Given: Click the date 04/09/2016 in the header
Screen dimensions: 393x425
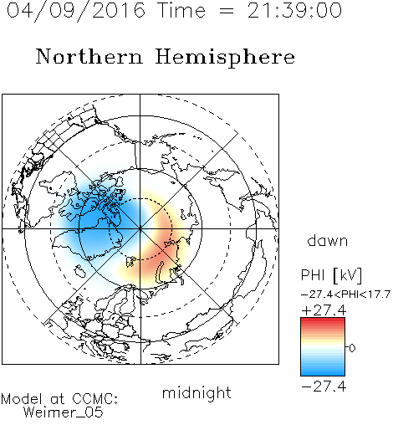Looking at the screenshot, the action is pos(76,11).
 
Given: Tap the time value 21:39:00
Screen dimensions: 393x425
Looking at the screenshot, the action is pos(294,10).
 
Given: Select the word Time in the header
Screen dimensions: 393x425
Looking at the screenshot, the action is pos(181,10).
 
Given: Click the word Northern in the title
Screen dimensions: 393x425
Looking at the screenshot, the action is pos(89,56).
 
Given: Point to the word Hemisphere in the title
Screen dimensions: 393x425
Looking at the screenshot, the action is pos(225,58).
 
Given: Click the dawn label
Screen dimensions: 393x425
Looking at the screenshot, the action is pos(327,240).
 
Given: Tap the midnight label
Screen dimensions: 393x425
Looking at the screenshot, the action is pos(196,392).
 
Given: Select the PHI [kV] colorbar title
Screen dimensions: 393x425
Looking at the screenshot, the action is pos(331,275).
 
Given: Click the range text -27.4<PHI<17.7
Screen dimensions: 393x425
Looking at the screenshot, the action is pos(345,294).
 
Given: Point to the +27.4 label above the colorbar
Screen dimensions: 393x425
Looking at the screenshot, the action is pos(324,310).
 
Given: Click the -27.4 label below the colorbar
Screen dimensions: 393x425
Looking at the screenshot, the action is pos(324,387).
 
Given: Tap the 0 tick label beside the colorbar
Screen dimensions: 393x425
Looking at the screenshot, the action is pos(352,348).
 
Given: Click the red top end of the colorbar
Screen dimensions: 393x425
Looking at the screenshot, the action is pos(323,320).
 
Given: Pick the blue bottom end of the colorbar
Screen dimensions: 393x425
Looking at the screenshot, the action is pos(323,373).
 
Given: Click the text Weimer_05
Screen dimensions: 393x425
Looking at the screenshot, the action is pos(63,412).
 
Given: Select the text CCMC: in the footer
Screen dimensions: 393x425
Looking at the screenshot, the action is pos(94,399).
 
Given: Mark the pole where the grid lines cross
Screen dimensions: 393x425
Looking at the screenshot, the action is pos(140,229).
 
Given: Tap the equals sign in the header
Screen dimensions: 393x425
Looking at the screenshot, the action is pos(226,11).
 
